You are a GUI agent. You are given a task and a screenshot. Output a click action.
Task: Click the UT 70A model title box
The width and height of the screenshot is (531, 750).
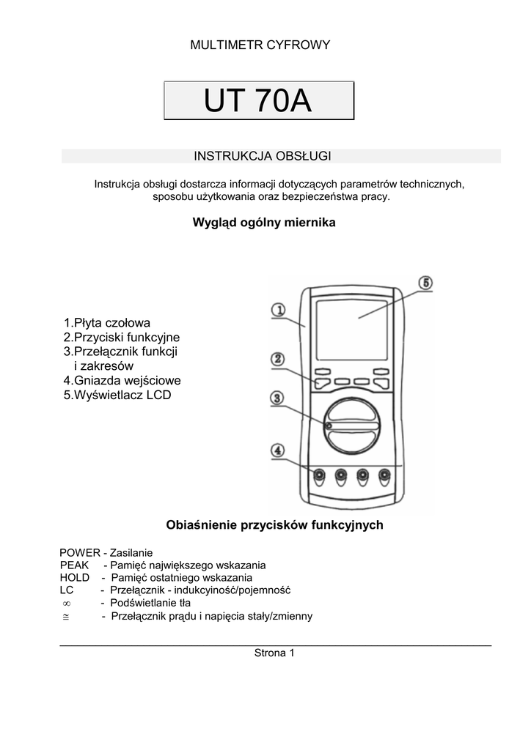click(x=258, y=101)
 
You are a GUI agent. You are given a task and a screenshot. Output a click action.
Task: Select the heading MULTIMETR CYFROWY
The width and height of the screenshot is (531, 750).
click(x=260, y=45)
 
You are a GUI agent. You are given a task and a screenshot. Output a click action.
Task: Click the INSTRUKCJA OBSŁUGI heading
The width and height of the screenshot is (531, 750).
click(x=263, y=156)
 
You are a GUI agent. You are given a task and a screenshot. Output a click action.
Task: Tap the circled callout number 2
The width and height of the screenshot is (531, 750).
click(x=278, y=359)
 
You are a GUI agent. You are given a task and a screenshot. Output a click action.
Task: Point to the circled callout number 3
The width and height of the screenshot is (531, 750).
click(x=278, y=398)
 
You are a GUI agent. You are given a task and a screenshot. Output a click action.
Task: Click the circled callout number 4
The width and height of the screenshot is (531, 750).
click(x=278, y=450)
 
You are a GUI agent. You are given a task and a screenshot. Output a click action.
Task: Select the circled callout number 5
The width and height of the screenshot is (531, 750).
click(x=426, y=283)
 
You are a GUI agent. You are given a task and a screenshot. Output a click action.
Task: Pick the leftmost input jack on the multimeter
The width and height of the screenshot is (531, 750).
click(x=319, y=477)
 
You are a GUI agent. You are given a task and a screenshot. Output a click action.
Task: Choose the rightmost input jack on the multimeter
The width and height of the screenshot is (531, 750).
click(x=384, y=477)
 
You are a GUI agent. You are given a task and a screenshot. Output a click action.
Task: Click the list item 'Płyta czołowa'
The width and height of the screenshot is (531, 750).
click(x=107, y=323)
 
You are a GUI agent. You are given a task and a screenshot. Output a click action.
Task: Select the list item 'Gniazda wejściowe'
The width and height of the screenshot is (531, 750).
click(x=122, y=381)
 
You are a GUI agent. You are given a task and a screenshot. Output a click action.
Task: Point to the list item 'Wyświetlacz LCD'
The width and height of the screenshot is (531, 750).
click(x=117, y=396)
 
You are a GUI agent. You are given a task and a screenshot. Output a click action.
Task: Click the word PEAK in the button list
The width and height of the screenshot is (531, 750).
click(x=74, y=565)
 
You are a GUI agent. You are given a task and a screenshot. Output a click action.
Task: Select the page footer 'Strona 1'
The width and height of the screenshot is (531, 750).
click(x=274, y=653)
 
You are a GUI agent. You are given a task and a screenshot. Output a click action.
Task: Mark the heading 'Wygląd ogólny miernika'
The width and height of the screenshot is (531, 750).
click(x=264, y=223)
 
